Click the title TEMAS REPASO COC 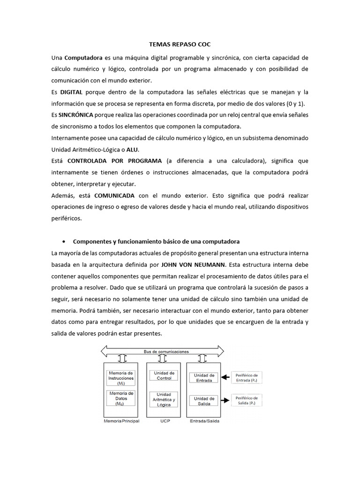coord(180,45)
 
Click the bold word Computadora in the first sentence coord(83,58)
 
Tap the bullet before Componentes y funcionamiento coord(63,241)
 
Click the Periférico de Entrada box coord(247,377)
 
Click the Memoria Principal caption coord(120,420)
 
